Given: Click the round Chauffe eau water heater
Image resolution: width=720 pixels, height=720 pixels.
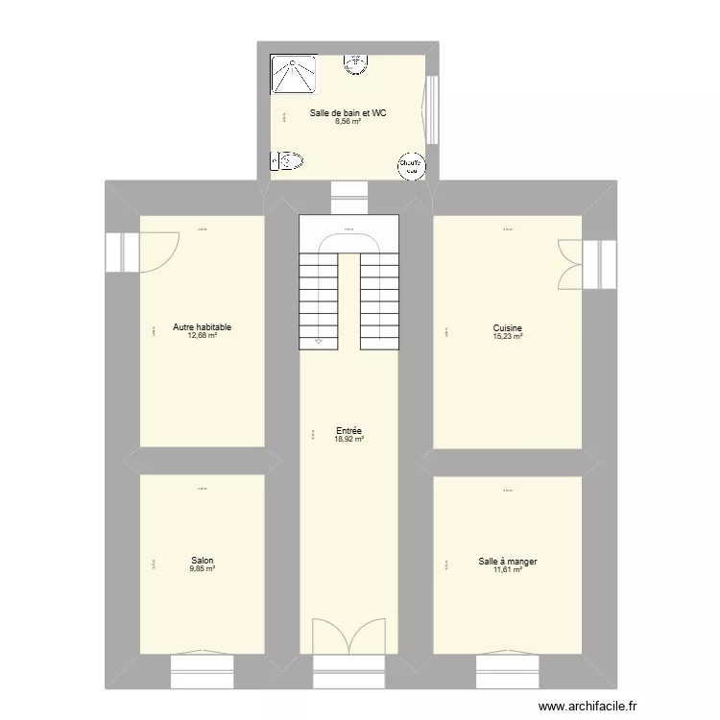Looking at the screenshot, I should tap(411, 166).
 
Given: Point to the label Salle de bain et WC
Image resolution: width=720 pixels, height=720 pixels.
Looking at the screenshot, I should tap(348, 113).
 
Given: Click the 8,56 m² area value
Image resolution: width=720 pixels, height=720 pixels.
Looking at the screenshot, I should tap(348, 122).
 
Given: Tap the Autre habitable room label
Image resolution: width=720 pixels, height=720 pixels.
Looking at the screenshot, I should tap(202, 327).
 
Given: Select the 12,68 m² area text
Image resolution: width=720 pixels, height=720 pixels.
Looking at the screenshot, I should tap(202, 336).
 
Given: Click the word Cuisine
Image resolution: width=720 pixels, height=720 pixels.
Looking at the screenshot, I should tap(507, 327).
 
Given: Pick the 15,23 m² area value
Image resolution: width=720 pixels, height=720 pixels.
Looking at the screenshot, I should tap(507, 336).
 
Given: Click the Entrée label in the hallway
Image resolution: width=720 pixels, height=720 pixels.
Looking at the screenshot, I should tap(348, 431).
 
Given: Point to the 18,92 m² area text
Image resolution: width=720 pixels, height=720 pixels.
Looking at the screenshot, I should tap(348, 440).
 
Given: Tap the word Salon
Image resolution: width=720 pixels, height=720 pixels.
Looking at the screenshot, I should tap(202, 561).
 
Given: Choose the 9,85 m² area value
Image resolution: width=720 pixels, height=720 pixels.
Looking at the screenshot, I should tap(202, 569).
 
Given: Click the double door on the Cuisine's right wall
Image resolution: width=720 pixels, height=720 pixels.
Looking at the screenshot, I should tap(570, 263).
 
